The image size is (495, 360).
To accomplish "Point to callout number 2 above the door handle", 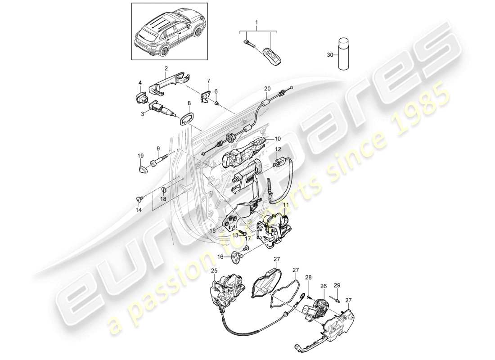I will [x=166, y=68].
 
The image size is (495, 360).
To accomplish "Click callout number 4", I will [x=140, y=83].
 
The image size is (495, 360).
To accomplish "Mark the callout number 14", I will [x=139, y=210].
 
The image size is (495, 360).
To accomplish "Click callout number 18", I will [x=164, y=198].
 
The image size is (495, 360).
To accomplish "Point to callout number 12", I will [x=278, y=149].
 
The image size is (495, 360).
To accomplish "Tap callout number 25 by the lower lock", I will [x=214, y=270].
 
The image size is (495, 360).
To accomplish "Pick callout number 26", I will [x=324, y=285].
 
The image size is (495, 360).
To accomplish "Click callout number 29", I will [x=337, y=285].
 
